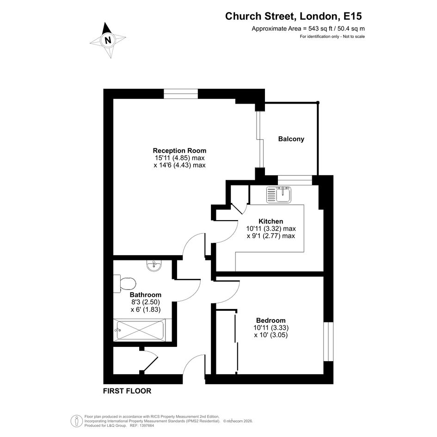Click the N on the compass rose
click(x=108, y=40)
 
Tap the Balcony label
click(x=291, y=139)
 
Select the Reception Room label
click(x=179, y=150)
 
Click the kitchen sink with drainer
click(x=279, y=195)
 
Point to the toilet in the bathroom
click(x=124, y=284)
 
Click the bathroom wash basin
click(x=154, y=265)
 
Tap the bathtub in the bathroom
click(x=139, y=330)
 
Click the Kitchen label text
click(x=271, y=222)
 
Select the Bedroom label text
click(x=271, y=320)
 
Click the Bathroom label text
click(x=146, y=295)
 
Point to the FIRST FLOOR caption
click(x=127, y=391)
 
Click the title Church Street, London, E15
click(x=294, y=16)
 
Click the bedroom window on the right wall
click(x=328, y=342)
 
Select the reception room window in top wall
click(x=181, y=94)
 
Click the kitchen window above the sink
click(x=295, y=180)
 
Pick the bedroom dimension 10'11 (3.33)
click(x=271, y=328)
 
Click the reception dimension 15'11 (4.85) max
click(x=179, y=158)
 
